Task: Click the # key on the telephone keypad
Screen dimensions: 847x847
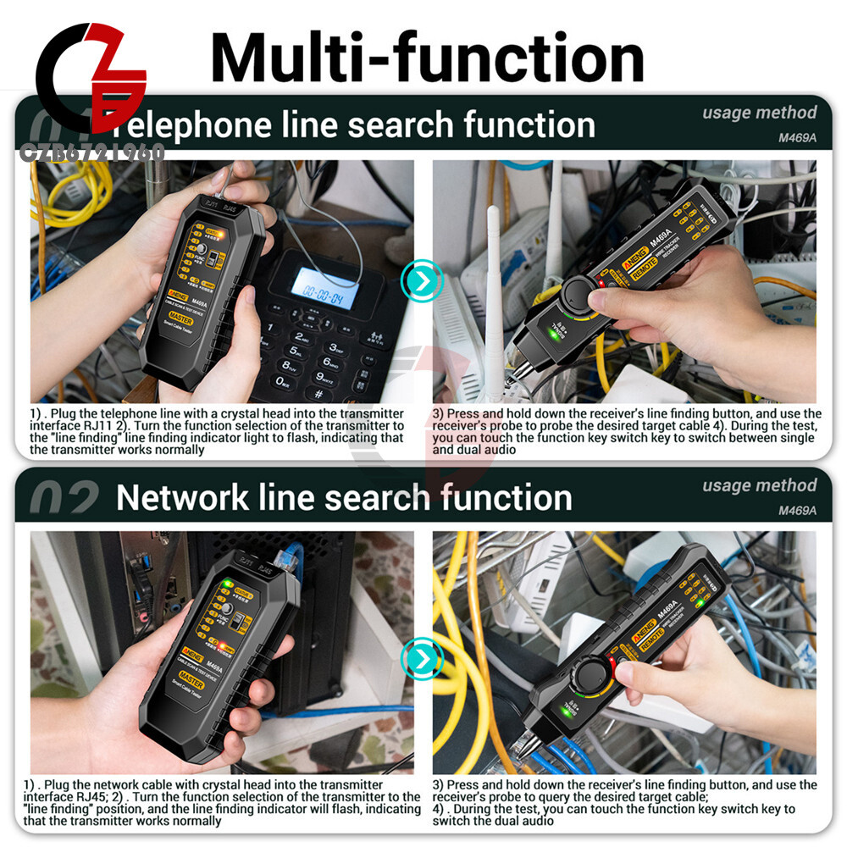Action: click(x=318, y=395)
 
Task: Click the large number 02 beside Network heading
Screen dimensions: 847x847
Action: click(x=64, y=501)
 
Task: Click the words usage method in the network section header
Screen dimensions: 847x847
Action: click(x=759, y=485)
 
